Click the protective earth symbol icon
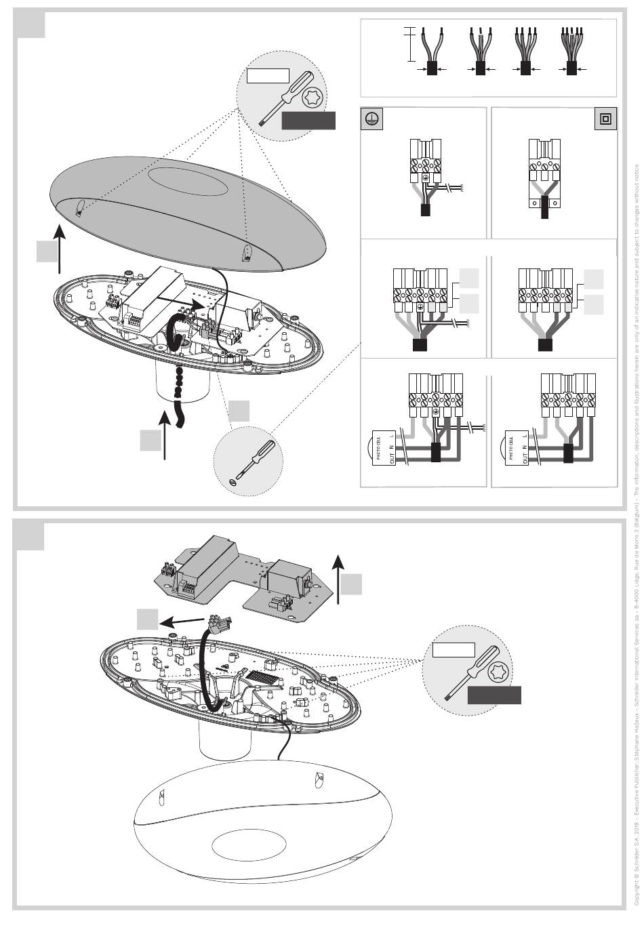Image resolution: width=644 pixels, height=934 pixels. (371, 119)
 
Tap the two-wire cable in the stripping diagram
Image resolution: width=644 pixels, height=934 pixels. (432, 52)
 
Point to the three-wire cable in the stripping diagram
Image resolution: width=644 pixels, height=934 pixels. (480, 52)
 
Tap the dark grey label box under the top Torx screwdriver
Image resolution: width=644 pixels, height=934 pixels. (308, 121)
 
